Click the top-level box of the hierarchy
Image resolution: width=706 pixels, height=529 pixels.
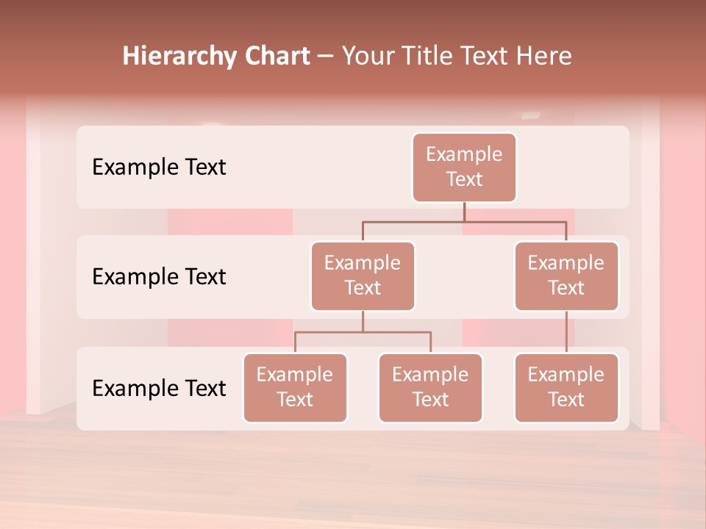pyautogui.click(x=464, y=168)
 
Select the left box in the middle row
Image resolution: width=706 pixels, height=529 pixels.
pyautogui.click(x=363, y=276)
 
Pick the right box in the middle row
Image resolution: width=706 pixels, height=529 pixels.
pyautogui.click(x=566, y=276)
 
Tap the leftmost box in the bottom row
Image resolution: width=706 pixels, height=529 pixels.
pyautogui.click(x=295, y=388)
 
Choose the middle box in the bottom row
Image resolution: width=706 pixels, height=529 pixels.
pyautogui.click(x=430, y=388)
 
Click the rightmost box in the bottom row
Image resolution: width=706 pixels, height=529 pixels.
pyautogui.click(x=566, y=388)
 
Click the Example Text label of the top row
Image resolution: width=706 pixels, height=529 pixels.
pyautogui.click(x=159, y=168)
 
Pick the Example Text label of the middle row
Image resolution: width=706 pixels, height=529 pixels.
pyautogui.click(x=159, y=277)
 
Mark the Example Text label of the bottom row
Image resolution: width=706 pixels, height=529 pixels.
pyautogui.click(x=159, y=388)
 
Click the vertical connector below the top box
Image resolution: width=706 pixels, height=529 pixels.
pyautogui.click(x=464, y=212)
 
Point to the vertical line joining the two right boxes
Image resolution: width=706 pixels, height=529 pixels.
pyautogui.click(x=566, y=332)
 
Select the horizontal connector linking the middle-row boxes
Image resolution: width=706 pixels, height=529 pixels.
pyautogui.click(x=464, y=221)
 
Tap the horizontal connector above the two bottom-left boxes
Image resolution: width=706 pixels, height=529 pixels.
pyautogui.click(x=363, y=332)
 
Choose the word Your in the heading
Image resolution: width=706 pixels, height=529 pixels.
pyautogui.click(x=366, y=57)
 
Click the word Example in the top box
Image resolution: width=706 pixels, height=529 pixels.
pyautogui.click(x=464, y=154)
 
